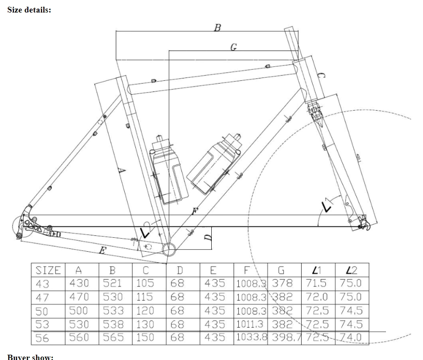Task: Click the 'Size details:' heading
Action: [29, 10]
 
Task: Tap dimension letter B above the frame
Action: [218, 27]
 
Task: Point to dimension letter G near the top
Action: [233, 47]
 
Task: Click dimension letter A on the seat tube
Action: [122, 170]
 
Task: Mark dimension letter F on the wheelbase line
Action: [194, 211]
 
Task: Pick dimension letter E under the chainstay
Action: [102, 250]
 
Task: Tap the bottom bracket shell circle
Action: [169, 249]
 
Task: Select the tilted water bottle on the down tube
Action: [213, 164]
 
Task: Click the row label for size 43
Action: [42, 283]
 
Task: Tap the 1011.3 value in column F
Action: [253, 324]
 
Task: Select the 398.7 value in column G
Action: [286, 337]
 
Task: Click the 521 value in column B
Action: [113, 283]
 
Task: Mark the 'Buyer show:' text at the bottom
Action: [30, 357]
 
